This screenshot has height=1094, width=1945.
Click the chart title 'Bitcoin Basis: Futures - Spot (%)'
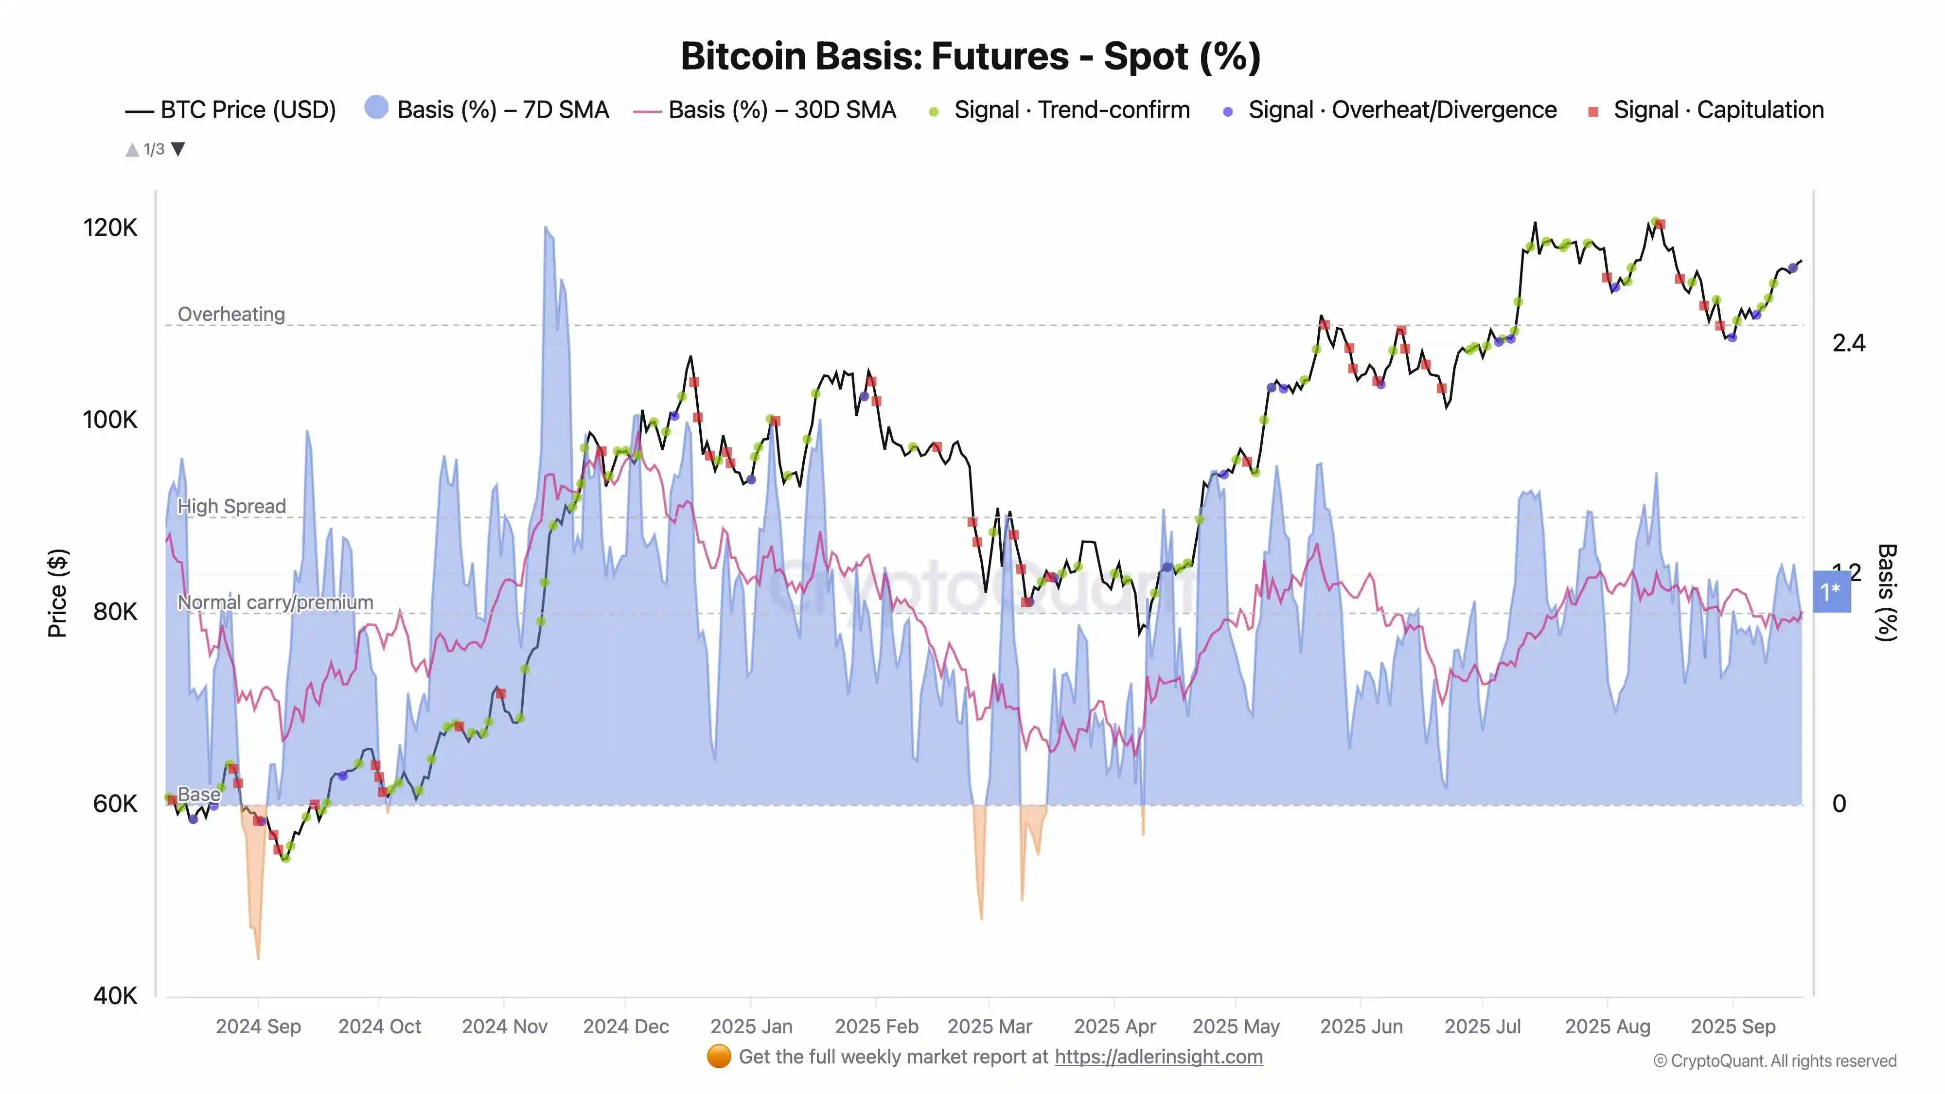click(970, 56)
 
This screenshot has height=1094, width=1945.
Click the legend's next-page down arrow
click(178, 149)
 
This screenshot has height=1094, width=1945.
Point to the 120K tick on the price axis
click(110, 227)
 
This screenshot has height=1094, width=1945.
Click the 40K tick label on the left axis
click(115, 995)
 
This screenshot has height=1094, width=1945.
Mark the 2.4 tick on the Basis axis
click(1848, 344)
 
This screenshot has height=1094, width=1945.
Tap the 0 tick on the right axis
click(1839, 803)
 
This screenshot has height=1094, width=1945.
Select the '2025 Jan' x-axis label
click(751, 1026)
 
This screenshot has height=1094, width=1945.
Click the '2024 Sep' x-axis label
click(258, 1026)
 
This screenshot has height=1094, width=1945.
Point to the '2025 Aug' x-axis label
click(1608, 1026)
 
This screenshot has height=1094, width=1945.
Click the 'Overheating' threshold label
click(231, 314)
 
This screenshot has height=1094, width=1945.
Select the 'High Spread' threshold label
click(232, 506)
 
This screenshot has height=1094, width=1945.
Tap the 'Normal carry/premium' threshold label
click(275, 602)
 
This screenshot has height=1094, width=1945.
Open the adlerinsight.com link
click(1158, 1056)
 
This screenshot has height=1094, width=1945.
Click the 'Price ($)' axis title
click(57, 593)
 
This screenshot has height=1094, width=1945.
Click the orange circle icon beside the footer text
click(719, 1056)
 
